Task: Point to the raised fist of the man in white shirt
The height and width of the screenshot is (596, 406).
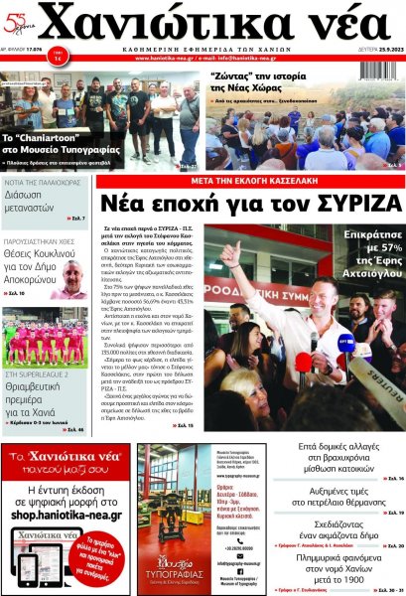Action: tap(230, 253)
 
